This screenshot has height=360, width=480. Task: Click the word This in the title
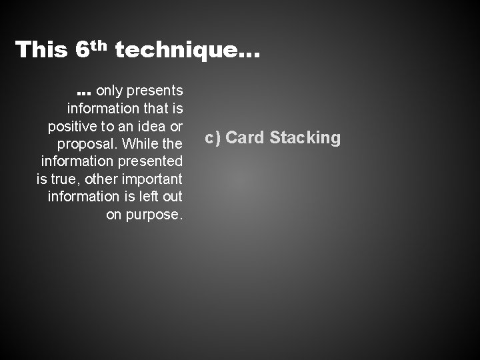[40, 50]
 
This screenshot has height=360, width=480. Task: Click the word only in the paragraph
[110, 90]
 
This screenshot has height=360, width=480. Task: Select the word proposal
[85, 144]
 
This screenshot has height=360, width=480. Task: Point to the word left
[149, 197]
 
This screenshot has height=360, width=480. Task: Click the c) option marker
[213, 138]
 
